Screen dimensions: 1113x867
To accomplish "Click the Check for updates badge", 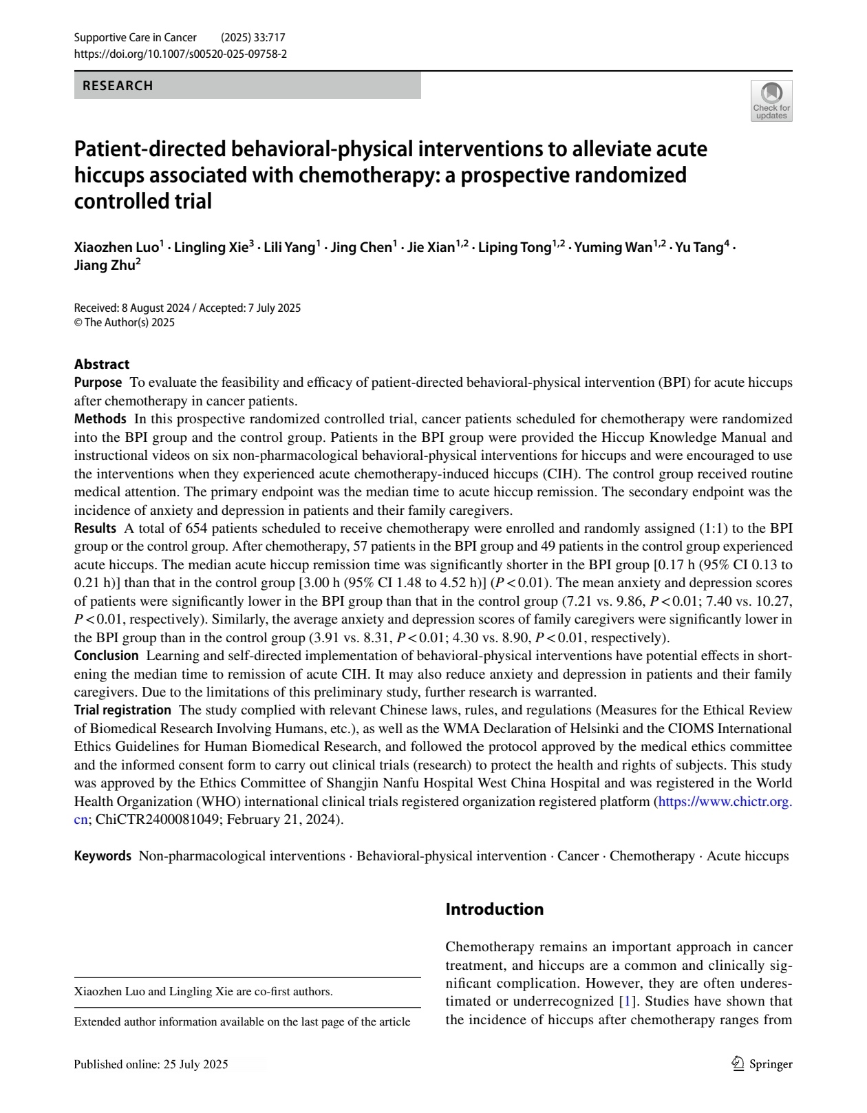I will click(771, 101).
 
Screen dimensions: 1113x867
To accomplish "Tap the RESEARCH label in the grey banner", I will click(118, 86).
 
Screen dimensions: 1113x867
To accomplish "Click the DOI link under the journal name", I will click(180, 53).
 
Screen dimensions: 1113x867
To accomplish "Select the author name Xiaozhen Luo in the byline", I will click(116, 247).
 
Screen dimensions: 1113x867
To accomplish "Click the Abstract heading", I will click(102, 364).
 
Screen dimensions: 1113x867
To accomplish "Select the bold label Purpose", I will click(98, 382).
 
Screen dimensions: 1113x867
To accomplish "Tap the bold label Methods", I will click(100, 418).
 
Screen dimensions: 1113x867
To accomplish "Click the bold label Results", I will click(95, 528).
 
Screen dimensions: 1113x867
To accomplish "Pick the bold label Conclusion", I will click(106, 655).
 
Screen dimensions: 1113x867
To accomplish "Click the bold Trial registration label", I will click(122, 710).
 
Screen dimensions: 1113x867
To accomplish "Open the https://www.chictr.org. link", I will click(725, 801).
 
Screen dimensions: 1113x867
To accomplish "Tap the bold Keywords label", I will click(103, 856).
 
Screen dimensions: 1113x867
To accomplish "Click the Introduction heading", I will click(494, 909).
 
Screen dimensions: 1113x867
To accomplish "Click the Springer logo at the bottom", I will click(762, 1064).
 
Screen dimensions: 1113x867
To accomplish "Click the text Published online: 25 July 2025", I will click(151, 1064).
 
